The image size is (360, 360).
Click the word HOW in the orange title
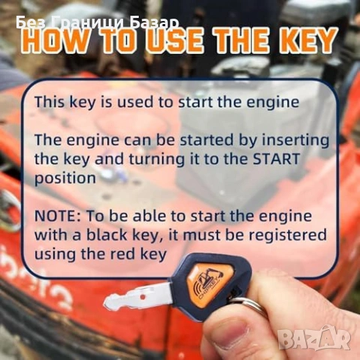point(54,40)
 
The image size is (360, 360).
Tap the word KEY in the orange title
point(305,40)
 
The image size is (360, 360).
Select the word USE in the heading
point(174,40)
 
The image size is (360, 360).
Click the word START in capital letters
point(276,159)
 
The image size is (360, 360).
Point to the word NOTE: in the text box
point(58,216)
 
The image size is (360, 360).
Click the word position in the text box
point(65,178)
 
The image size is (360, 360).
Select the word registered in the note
point(285,235)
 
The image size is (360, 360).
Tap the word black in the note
point(106,235)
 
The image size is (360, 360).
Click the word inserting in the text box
point(295,140)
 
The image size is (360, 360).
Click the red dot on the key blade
point(142,297)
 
